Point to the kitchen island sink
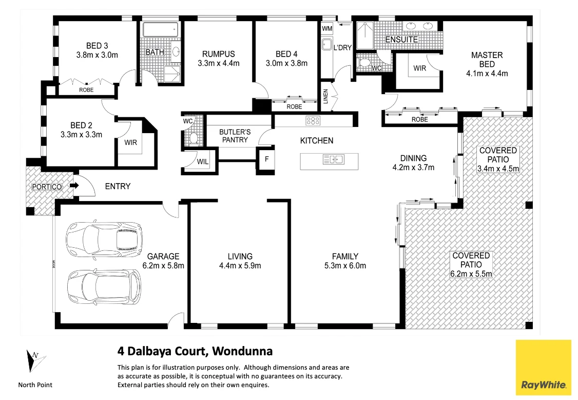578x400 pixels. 333,159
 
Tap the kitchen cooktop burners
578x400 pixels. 313,121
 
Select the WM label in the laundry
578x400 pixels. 327,28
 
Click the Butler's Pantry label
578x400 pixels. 235,136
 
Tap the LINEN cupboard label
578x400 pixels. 325,97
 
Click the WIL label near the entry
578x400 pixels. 202,162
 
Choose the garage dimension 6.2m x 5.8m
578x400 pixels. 163,266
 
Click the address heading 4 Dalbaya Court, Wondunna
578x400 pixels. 195,352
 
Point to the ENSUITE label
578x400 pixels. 402,40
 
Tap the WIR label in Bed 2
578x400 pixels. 130,142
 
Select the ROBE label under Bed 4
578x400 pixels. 294,107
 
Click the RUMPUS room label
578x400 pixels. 218,54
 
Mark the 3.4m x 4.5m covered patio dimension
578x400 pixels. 498,168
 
